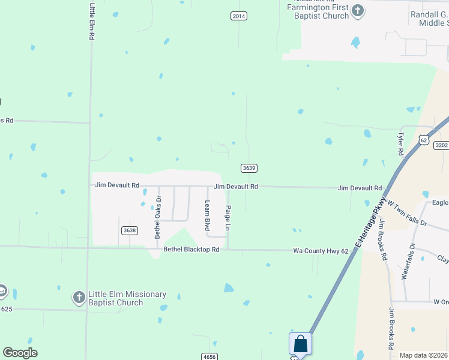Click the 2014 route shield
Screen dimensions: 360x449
(239, 16)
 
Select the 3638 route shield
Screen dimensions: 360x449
(129, 230)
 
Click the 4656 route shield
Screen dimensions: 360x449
(209, 357)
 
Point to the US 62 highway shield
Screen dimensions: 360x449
(424, 140)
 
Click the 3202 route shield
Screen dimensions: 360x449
(441, 145)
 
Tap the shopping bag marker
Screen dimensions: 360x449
(300, 344)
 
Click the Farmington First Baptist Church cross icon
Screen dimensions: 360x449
(358, 10)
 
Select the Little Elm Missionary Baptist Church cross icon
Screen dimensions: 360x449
(79, 297)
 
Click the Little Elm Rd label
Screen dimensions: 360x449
(92, 21)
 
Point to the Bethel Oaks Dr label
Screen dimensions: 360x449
(158, 215)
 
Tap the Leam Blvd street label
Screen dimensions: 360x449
(206, 217)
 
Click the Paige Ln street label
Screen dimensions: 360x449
(228, 218)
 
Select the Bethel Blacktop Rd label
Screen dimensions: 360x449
(191, 249)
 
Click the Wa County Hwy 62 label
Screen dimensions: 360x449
(321, 251)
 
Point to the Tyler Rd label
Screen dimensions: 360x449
(400, 144)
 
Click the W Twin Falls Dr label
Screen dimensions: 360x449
(407, 214)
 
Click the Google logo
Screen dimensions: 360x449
(20, 353)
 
